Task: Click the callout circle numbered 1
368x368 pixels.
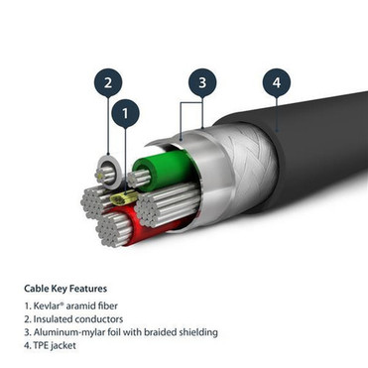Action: click(x=124, y=115)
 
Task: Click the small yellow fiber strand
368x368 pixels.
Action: click(x=122, y=201)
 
